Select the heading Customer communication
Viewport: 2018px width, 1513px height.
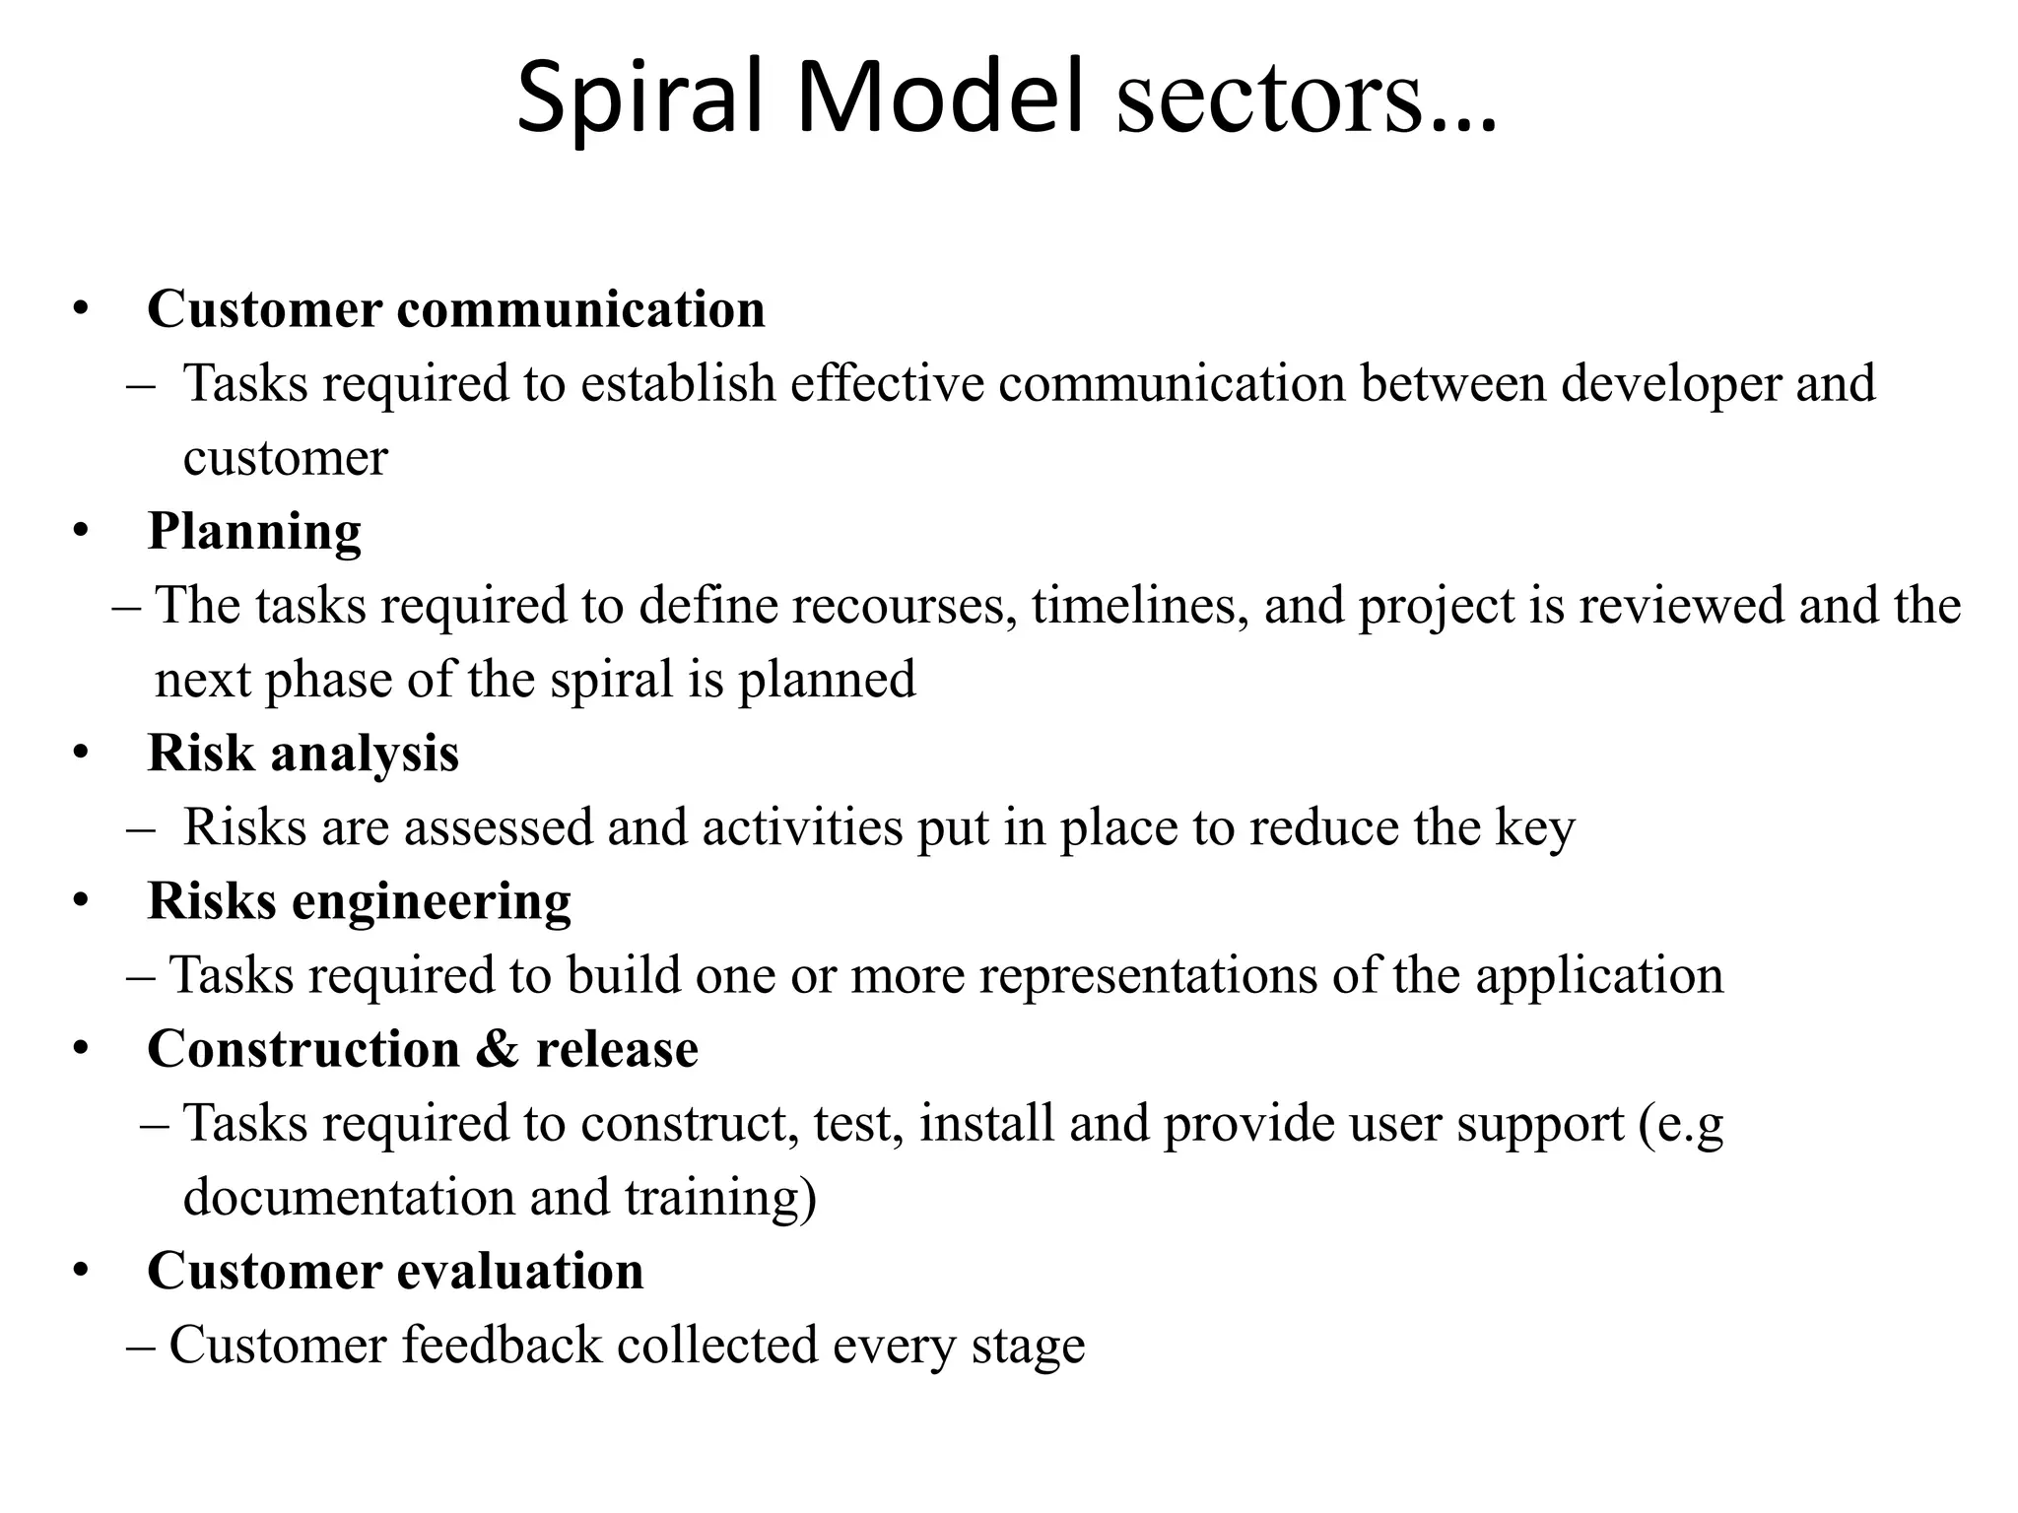pyautogui.click(x=455, y=308)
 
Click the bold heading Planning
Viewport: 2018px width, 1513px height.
pyautogui.click(x=254, y=531)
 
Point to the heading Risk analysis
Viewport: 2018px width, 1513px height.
pyautogui.click(x=303, y=754)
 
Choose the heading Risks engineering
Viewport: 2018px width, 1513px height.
pyautogui.click(x=359, y=901)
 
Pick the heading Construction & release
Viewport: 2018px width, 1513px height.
pyautogui.click(x=423, y=1048)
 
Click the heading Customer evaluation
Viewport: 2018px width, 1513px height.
pyautogui.click(x=395, y=1271)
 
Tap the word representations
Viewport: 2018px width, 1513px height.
pyautogui.click(x=1148, y=975)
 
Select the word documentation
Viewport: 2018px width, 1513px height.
pyautogui.click(x=349, y=1198)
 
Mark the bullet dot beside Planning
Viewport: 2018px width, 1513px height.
pyautogui.click(x=81, y=533)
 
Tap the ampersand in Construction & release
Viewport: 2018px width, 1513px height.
pyautogui.click(x=497, y=1048)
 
